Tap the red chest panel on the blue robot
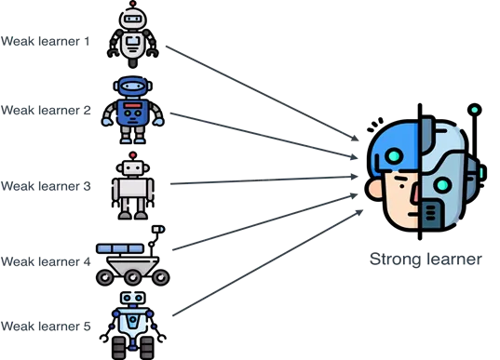(x=134, y=113)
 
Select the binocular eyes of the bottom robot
(x=131, y=298)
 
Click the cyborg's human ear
(x=377, y=186)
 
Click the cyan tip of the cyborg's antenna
(x=474, y=111)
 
